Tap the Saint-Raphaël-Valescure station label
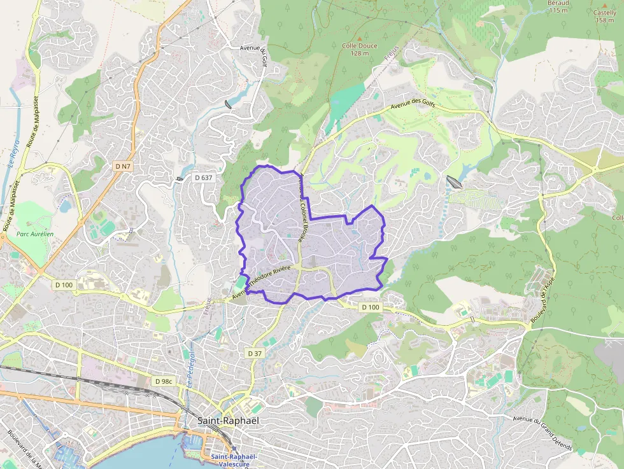pos(234,460)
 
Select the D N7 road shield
pos(123,166)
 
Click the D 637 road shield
pos(203,178)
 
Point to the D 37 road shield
pos(254,353)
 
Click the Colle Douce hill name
pos(360,46)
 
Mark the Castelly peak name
pos(604,12)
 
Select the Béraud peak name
pos(558,3)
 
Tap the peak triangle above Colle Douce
pos(360,38)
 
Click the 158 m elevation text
pos(604,20)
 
